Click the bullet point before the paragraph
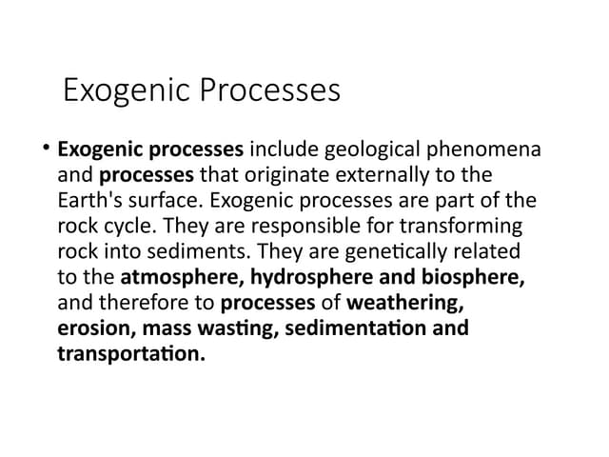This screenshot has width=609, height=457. coord(46,149)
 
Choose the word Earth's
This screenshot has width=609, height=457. coord(88,202)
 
